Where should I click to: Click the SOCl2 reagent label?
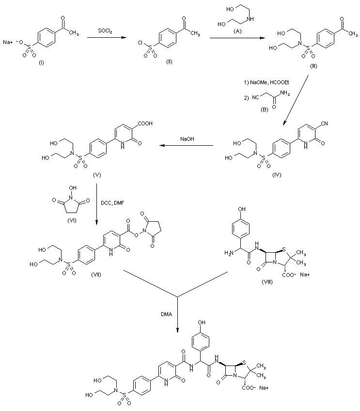pos(105,30)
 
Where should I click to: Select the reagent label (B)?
pos(266,109)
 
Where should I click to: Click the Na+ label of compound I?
pos(8,42)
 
